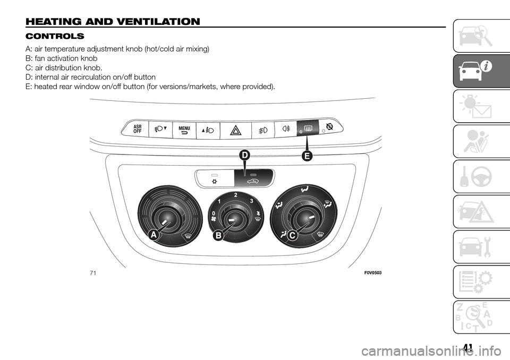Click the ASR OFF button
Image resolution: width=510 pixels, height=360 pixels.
coord(135,129)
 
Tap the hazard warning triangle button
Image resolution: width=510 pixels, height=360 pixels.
coord(236,131)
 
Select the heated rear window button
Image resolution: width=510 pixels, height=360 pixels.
coord(308,128)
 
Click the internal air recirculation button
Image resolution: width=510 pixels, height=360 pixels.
coord(254,178)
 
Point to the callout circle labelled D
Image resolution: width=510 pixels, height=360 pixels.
coord(244,156)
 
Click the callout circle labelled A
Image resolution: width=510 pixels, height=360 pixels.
coord(154,235)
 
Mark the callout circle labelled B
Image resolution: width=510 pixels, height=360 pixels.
coord(218,235)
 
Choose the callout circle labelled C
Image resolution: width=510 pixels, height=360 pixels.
coord(292,235)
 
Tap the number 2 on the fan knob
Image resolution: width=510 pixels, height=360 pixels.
coord(235,195)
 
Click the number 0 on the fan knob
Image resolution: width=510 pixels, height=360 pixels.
coord(214,213)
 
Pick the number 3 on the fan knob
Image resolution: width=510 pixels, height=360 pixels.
coord(251,201)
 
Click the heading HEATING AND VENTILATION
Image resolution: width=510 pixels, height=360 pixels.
coord(113,22)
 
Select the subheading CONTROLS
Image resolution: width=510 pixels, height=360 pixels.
coord(55,36)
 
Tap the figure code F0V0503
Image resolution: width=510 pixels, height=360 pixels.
coord(373,273)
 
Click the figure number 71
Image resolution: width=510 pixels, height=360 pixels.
coord(93,273)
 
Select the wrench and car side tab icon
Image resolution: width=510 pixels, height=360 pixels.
coord(481,246)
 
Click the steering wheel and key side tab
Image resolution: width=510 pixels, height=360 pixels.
coord(481,177)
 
